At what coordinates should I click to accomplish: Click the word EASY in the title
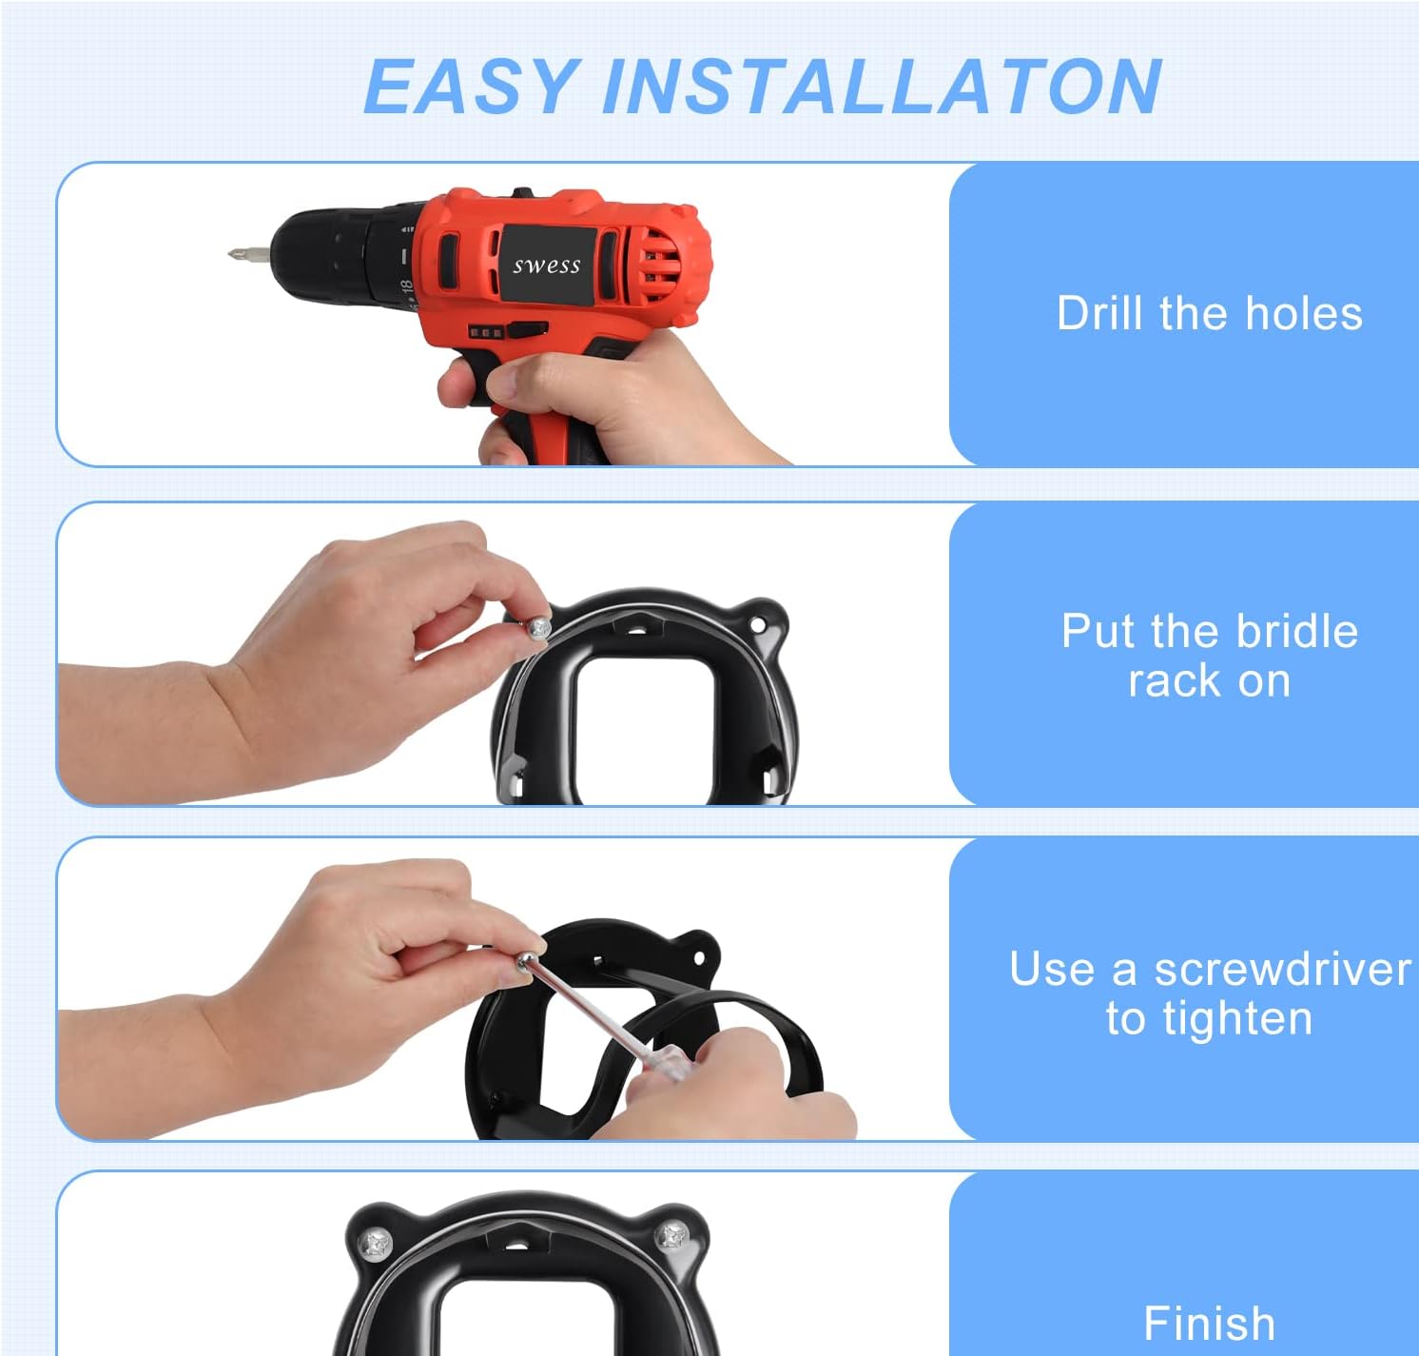click(471, 87)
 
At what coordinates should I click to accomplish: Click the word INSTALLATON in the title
click(882, 87)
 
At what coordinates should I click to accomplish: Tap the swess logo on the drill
click(547, 265)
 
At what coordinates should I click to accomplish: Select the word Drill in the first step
click(1100, 313)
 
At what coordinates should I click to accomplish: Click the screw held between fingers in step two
click(538, 627)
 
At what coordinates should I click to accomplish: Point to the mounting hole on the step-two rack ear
click(758, 625)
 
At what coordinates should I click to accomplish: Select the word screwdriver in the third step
click(1282, 970)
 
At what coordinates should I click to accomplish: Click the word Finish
click(1209, 1324)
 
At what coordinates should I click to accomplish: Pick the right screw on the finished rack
click(672, 1236)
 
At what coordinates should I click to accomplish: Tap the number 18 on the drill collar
click(406, 285)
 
